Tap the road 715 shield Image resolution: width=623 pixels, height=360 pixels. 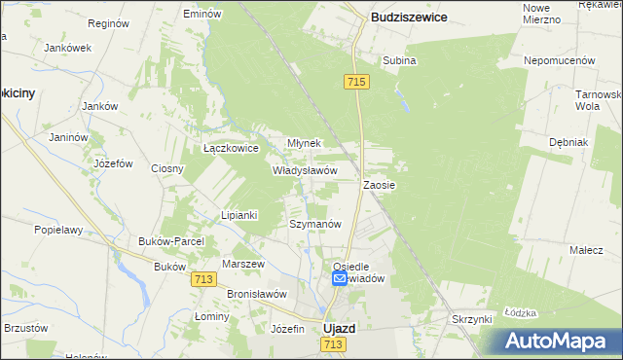pyautogui.click(x=355, y=84)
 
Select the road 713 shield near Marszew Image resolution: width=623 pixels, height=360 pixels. pyautogui.click(x=203, y=279)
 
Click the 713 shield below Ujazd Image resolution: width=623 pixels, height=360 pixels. pyautogui.click(x=335, y=344)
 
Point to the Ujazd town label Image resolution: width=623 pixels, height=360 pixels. pyautogui.click(x=339, y=329)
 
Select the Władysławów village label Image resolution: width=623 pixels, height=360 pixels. pyautogui.click(x=305, y=169)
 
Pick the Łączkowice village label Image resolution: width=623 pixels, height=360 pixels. pyautogui.click(x=230, y=149)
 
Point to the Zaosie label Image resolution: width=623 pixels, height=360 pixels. pyautogui.click(x=379, y=184)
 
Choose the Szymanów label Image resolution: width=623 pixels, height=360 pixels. pyautogui.click(x=315, y=224)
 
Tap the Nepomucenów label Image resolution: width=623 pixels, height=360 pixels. pyautogui.click(x=560, y=60)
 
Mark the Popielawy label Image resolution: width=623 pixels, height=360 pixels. pyautogui.click(x=56, y=231)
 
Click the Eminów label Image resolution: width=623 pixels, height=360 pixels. pyautogui.click(x=203, y=15)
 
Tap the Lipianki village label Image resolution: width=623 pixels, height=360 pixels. pyautogui.click(x=238, y=215)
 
